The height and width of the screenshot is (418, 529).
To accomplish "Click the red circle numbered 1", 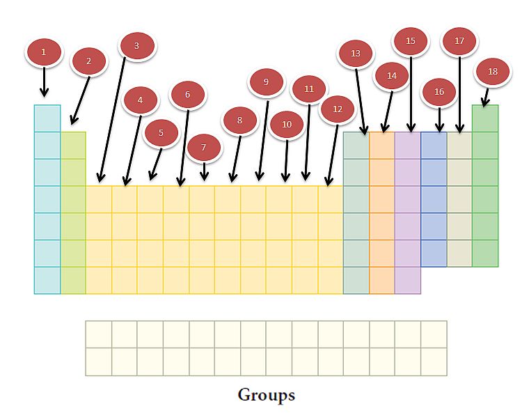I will point(44,52).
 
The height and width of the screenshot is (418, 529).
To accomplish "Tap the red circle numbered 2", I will point(89,61).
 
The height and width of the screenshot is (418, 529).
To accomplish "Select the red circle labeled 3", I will point(136,46).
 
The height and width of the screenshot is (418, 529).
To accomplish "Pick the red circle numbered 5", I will point(161,132).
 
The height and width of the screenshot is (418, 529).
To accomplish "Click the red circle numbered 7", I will point(204,148).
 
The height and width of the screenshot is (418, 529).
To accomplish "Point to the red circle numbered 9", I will point(266,82).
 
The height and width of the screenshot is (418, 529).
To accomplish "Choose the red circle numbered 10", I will point(287,125).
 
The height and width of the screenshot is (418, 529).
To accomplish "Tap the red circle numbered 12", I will point(338,109).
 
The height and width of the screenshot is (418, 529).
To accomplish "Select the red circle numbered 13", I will point(356,54).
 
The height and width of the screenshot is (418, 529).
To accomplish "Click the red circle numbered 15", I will point(411,41).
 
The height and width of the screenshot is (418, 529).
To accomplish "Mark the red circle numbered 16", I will point(439,92).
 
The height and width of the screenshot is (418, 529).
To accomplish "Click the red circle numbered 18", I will point(493,72).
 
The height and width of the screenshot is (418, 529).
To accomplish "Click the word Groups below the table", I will point(266,395).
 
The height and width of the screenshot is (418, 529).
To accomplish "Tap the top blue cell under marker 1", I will point(47,118).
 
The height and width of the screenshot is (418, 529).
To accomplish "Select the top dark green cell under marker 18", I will point(485,118).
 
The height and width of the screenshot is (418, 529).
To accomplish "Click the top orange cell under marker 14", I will point(381,146).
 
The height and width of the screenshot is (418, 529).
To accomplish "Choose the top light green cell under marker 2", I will point(73,146).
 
